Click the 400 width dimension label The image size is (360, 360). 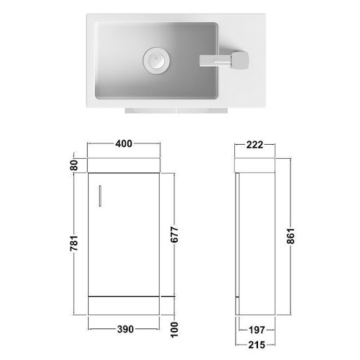pyautogui.click(x=124, y=144)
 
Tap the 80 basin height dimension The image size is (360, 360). pyautogui.click(x=72, y=165)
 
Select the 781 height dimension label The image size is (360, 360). pyautogui.click(x=72, y=243)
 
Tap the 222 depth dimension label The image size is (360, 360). pyautogui.click(x=254, y=145)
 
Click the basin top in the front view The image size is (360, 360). pyautogui.click(x=124, y=165)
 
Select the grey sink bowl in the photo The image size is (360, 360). pyautogui.click(x=141, y=77)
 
